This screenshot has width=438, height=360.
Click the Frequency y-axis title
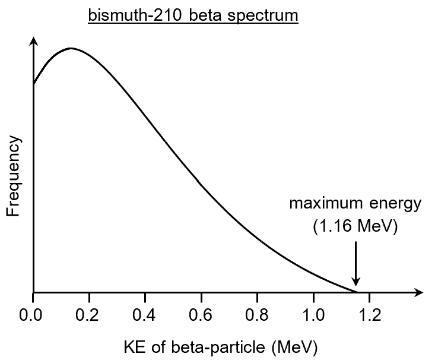pos(15,176)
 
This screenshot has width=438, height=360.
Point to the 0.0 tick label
pos(33,315)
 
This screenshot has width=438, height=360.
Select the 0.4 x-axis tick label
pos(145,315)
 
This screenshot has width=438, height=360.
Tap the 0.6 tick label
pos(201,315)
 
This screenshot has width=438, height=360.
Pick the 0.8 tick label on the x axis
pos(257,315)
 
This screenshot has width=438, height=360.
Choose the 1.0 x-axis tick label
pos(313,315)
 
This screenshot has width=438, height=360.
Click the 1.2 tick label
pos(369,315)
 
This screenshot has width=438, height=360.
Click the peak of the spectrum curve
pos(71,48)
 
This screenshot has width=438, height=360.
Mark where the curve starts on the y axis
pos(34,84)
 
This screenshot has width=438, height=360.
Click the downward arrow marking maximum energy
pos(356,264)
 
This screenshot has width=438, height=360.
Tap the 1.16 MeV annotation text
pos(355,226)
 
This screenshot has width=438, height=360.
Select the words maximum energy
pos(355,204)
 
